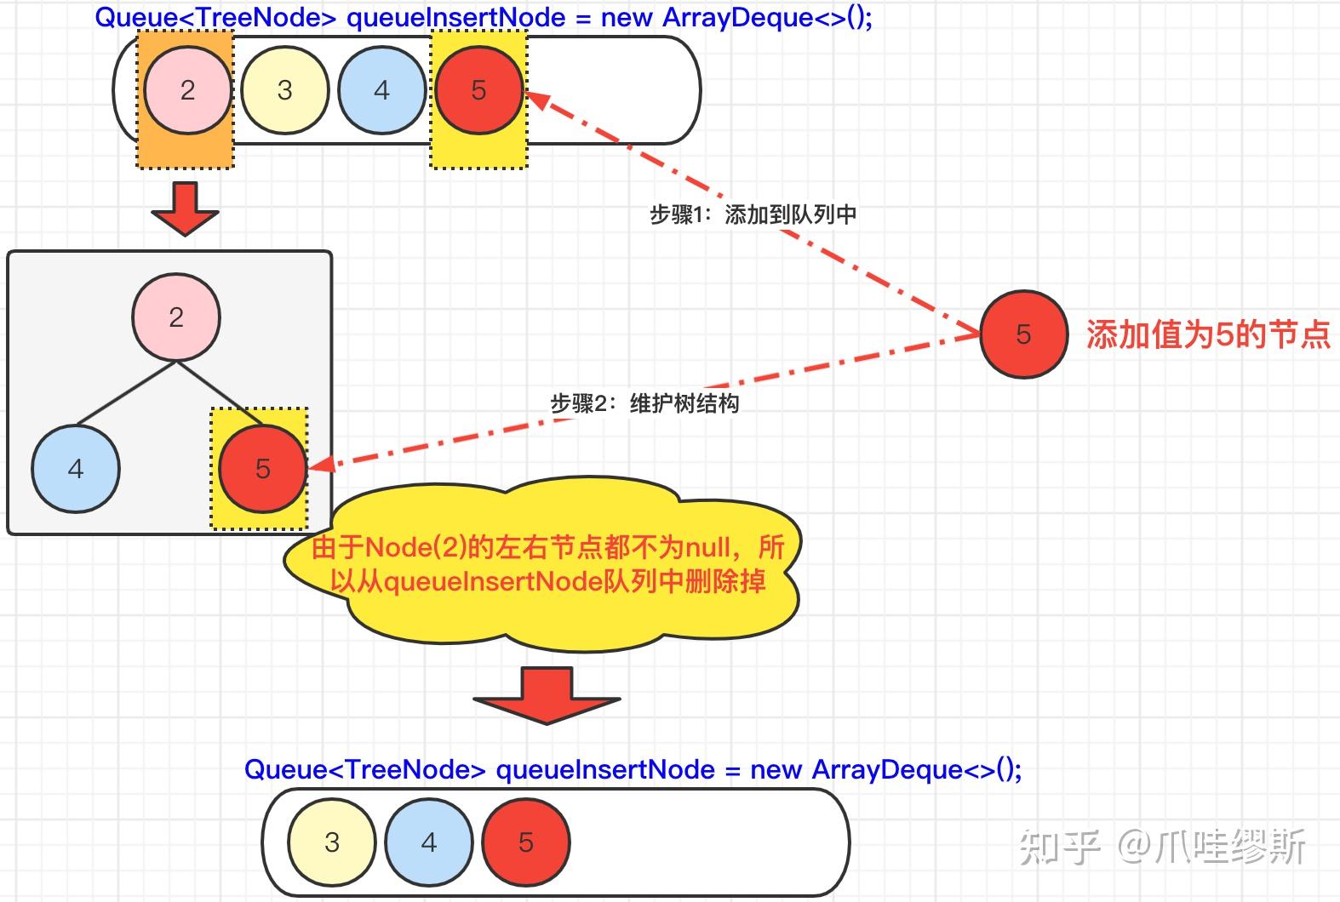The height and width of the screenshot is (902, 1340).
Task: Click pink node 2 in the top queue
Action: click(187, 90)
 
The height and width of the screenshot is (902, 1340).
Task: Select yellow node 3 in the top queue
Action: click(284, 90)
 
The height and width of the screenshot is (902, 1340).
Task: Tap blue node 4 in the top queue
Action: click(381, 90)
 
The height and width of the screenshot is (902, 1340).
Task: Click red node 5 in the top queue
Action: click(478, 90)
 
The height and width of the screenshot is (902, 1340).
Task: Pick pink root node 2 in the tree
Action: click(176, 317)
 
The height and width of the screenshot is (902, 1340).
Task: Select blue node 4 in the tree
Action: click(76, 469)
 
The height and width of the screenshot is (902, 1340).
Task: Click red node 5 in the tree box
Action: click(262, 469)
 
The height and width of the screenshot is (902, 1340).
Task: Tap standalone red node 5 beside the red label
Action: click(1023, 334)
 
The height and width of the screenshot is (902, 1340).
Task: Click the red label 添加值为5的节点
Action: click(1207, 334)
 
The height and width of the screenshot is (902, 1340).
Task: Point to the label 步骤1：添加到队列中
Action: click(753, 214)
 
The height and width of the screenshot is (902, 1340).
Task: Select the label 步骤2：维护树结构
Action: click(644, 403)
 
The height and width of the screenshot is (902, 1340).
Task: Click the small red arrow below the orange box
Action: click(185, 208)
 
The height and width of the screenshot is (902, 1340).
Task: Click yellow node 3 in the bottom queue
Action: click(332, 842)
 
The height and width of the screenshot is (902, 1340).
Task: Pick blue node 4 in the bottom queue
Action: click(429, 842)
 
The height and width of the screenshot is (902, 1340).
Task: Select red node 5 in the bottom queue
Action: click(525, 842)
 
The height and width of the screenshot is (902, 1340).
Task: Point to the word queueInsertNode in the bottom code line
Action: click(605, 769)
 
